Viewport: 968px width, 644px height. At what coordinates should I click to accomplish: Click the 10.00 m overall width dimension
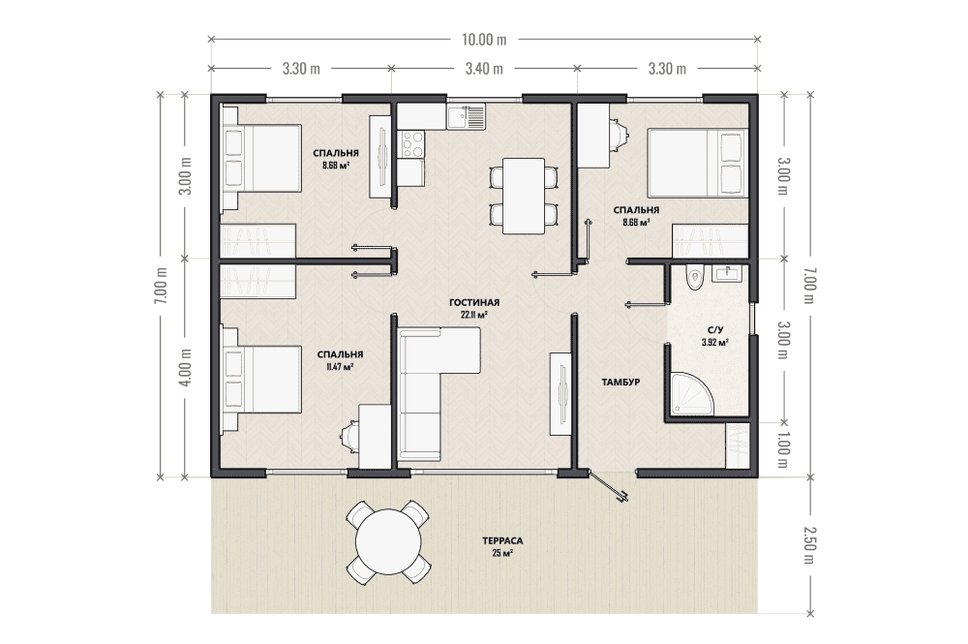[x=484, y=40]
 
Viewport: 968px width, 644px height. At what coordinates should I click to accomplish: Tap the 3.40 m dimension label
[x=484, y=69]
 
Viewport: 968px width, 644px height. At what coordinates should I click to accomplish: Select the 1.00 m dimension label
[x=783, y=449]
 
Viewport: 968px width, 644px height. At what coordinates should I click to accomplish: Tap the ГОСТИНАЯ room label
[x=474, y=302]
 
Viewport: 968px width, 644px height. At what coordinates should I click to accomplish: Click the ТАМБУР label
[x=620, y=383]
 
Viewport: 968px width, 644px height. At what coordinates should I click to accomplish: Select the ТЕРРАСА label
[x=502, y=541]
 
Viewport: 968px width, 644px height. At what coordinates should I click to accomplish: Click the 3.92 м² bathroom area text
[x=715, y=342]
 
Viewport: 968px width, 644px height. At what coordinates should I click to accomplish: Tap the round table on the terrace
[x=388, y=541]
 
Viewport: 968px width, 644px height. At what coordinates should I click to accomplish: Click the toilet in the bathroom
[x=696, y=277]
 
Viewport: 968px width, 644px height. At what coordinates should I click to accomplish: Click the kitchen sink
[x=467, y=117]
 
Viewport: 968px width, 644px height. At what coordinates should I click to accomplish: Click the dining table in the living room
[x=524, y=197]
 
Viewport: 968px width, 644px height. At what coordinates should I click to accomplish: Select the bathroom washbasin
[x=730, y=273]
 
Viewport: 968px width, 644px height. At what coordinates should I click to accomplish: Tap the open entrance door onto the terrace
[x=608, y=488]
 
